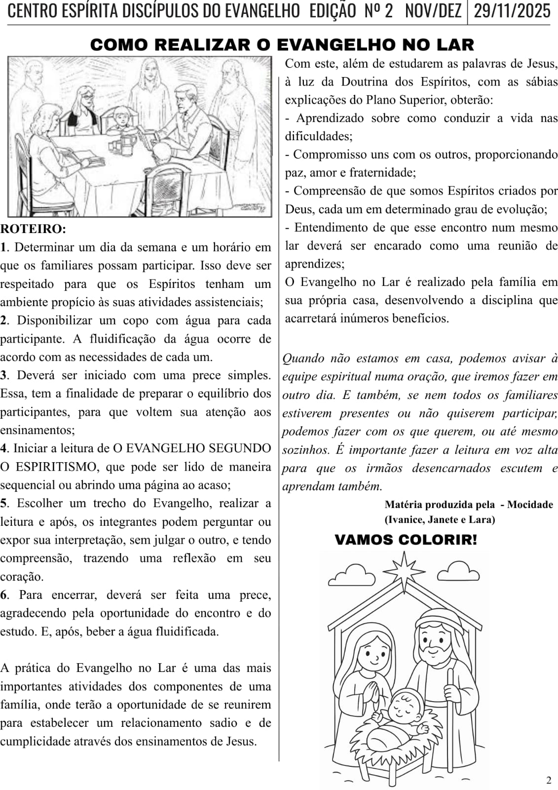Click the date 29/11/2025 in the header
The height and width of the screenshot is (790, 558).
point(512,11)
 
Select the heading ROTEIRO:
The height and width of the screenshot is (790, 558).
point(33,229)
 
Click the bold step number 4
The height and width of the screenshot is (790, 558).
point(4,448)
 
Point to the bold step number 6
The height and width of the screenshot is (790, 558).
point(4,594)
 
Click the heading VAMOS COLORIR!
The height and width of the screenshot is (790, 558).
point(406,540)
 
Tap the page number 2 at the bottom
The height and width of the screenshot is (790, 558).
point(549,780)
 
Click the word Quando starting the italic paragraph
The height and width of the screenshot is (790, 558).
point(302,358)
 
